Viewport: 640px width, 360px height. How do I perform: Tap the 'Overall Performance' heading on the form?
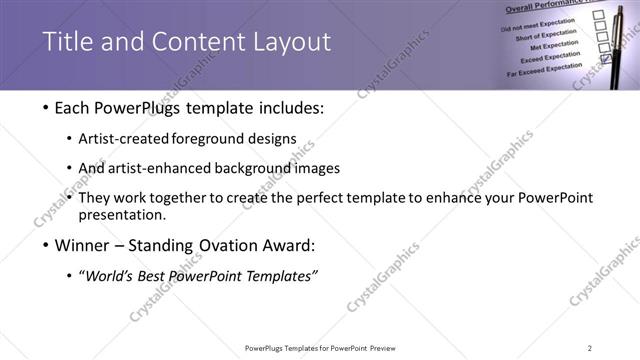pyautogui.click(x=556, y=6)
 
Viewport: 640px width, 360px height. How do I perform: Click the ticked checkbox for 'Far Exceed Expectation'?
pyautogui.click(x=606, y=72)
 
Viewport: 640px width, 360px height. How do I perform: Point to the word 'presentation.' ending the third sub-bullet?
pyautogui.click(x=129, y=214)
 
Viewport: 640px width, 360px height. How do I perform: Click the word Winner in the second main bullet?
pyautogui.click(x=85, y=245)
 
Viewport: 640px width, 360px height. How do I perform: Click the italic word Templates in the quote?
pyautogui.click(x=282, y=276)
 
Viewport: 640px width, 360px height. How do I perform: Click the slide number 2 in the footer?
pyautogui.click(x=589, y=348)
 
